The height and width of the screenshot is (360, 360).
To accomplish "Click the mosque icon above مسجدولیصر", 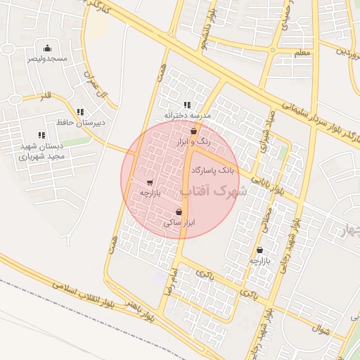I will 47,48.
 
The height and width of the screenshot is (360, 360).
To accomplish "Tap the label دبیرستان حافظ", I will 81,122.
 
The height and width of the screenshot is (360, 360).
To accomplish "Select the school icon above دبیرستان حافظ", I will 81,112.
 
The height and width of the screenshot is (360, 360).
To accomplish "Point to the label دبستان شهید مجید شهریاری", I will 42,150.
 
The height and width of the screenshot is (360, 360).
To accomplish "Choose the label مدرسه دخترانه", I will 186,115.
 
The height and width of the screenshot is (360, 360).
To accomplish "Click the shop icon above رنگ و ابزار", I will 193,131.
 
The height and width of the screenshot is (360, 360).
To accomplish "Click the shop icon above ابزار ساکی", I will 179,212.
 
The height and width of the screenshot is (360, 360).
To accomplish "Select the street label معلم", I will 302,53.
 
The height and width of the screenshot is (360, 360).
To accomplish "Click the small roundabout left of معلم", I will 273,49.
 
